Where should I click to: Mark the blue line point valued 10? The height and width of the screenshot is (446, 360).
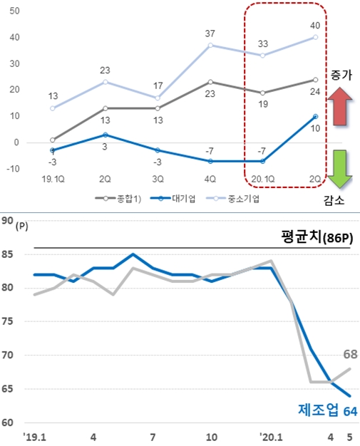315,116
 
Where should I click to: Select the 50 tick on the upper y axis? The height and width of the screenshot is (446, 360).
15,11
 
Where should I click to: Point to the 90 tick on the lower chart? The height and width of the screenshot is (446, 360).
8,221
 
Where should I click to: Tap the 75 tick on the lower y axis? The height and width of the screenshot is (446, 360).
8,321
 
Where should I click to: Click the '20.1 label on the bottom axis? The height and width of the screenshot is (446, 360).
270,435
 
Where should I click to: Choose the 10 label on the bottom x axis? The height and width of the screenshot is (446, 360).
212,435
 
